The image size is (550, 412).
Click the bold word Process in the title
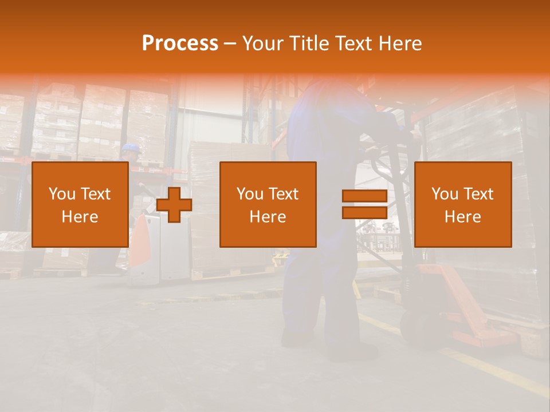(180, 43)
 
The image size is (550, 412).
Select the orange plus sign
(174, 205)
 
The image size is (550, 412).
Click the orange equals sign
(364, 204)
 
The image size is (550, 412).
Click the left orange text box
(80, 204)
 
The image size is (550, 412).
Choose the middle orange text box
(268, 204)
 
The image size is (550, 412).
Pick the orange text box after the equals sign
(463, 204)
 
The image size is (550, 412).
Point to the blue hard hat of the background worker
(131, 147)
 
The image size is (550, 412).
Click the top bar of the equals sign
(364, 196)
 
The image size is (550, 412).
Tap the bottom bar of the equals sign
(364, 212)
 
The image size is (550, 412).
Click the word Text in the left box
(95, 194)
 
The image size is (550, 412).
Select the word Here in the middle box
(268, 217)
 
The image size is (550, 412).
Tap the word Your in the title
(262, 43)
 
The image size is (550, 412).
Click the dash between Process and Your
(230, 43)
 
